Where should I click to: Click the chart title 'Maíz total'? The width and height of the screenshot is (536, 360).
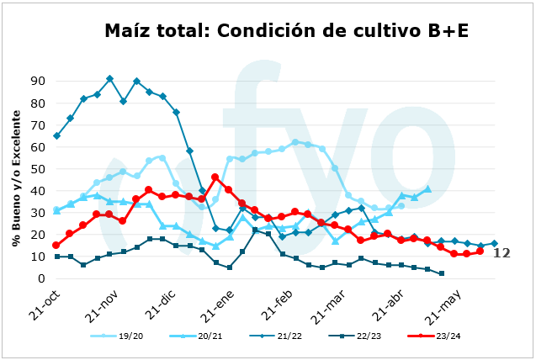286,31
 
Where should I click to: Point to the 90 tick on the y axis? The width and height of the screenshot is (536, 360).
37,82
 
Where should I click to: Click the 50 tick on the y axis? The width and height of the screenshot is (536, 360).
37,169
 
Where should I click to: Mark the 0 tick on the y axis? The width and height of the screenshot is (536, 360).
40,278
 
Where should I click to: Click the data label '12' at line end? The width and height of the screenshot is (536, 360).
502,252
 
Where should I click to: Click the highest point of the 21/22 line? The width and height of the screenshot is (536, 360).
109,79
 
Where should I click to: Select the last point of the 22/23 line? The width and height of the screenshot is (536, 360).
441,273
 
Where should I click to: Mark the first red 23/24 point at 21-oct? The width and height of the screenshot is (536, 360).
56,246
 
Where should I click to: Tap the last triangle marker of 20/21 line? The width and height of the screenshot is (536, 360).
427,189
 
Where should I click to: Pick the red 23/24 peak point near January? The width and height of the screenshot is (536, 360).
215,177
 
